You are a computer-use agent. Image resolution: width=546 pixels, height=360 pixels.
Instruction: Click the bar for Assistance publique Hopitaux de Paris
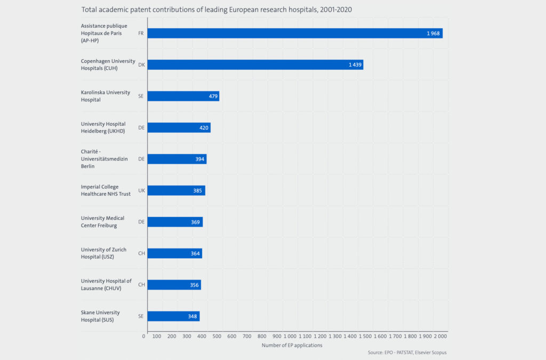coord(295,33)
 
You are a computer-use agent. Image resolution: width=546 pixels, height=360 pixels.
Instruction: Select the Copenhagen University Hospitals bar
coord(255,65)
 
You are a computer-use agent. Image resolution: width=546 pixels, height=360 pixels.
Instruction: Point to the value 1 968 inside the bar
coord(432,34)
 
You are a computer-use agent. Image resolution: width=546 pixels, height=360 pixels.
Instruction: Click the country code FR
coord(141,33)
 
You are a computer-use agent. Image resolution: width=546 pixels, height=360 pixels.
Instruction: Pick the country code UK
coord(141,190)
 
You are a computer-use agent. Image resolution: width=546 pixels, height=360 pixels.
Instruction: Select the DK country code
coord(141,65)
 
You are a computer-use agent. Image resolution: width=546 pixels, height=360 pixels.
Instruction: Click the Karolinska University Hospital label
coord(105,96)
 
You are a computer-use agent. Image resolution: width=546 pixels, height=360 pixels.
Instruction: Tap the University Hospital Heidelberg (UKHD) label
coord(103,127)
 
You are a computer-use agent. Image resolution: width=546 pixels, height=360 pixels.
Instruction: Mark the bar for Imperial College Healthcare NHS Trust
coord(176,190)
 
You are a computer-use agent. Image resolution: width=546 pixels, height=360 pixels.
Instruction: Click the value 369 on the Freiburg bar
coord(196,222)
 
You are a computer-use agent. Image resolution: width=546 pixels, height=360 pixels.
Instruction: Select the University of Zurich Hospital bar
coord(174,253)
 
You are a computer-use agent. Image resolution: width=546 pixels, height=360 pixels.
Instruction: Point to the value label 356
coord(195,285)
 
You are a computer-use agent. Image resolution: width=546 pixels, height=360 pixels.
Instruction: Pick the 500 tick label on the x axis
coord(216,337)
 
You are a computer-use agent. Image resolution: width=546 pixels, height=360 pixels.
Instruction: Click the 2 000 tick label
coord(440,337)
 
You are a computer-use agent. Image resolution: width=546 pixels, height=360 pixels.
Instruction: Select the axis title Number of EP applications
coord(292,346)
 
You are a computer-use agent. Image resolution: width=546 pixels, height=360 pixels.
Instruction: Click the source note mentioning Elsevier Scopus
coord(407,353)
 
